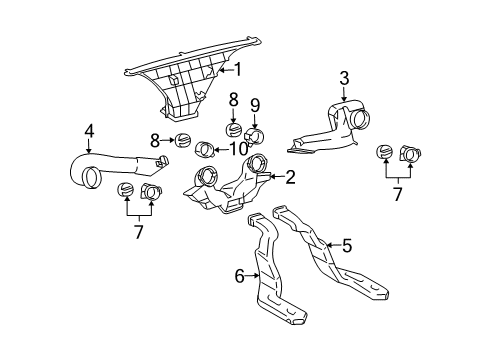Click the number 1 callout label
point(238,69)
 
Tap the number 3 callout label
point(343,78)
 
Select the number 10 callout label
point(239,149)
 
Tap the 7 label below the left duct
point(138,231)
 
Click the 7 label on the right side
point(397,193)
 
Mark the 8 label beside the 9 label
point(233,100)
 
